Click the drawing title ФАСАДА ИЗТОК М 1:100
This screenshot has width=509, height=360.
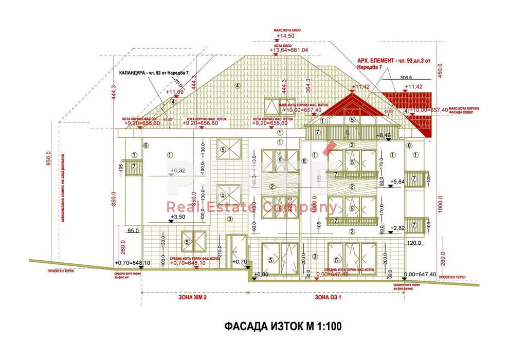pos(283,326)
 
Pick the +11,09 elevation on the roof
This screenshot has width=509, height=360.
pos(174,92)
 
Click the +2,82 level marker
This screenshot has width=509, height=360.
pos(398,227)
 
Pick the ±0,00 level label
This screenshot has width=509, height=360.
pos(261,275)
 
